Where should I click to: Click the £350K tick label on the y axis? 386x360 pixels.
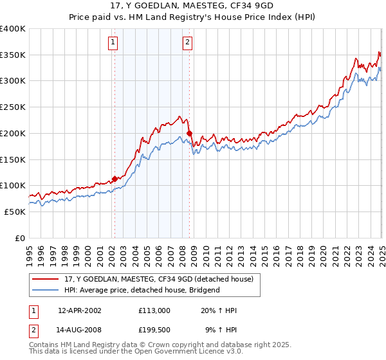[13, 55]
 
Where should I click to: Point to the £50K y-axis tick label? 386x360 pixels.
[15, 212]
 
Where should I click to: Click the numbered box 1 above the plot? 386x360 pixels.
[113, 43]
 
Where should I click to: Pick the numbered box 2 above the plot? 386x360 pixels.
[187, 43]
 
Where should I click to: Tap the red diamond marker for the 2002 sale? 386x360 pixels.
[115, 179]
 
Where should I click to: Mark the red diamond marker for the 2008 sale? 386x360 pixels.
[189, 134]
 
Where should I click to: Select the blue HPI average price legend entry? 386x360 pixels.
[142, 290]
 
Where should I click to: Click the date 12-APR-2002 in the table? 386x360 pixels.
[79, 310]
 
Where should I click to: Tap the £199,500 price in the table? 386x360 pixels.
[154, 332]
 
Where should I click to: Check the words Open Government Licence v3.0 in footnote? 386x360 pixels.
[187, 352]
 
